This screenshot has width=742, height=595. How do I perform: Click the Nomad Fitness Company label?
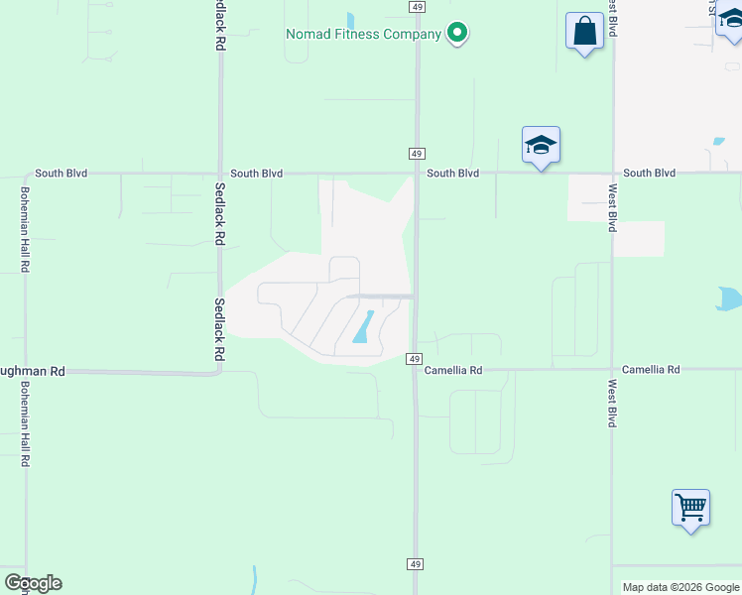[363, 34]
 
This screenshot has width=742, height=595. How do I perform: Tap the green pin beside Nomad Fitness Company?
[456, 34]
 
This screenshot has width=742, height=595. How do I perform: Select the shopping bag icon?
[584, 32]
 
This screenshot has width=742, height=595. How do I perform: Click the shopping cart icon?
[690, 508]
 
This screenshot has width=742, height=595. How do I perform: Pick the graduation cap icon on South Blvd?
[541, 146]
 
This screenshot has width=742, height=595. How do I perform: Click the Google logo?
[33, 583]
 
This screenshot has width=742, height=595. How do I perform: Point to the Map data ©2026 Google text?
[680, 587]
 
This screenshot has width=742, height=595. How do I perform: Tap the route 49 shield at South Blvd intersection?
[417, 153]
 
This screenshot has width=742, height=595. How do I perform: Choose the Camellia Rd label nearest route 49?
[453, 370]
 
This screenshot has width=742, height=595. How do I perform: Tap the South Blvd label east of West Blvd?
[650, 173]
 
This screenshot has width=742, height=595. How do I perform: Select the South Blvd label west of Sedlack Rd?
[62, 173]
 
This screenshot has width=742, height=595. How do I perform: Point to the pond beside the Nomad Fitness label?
[350, 19]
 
